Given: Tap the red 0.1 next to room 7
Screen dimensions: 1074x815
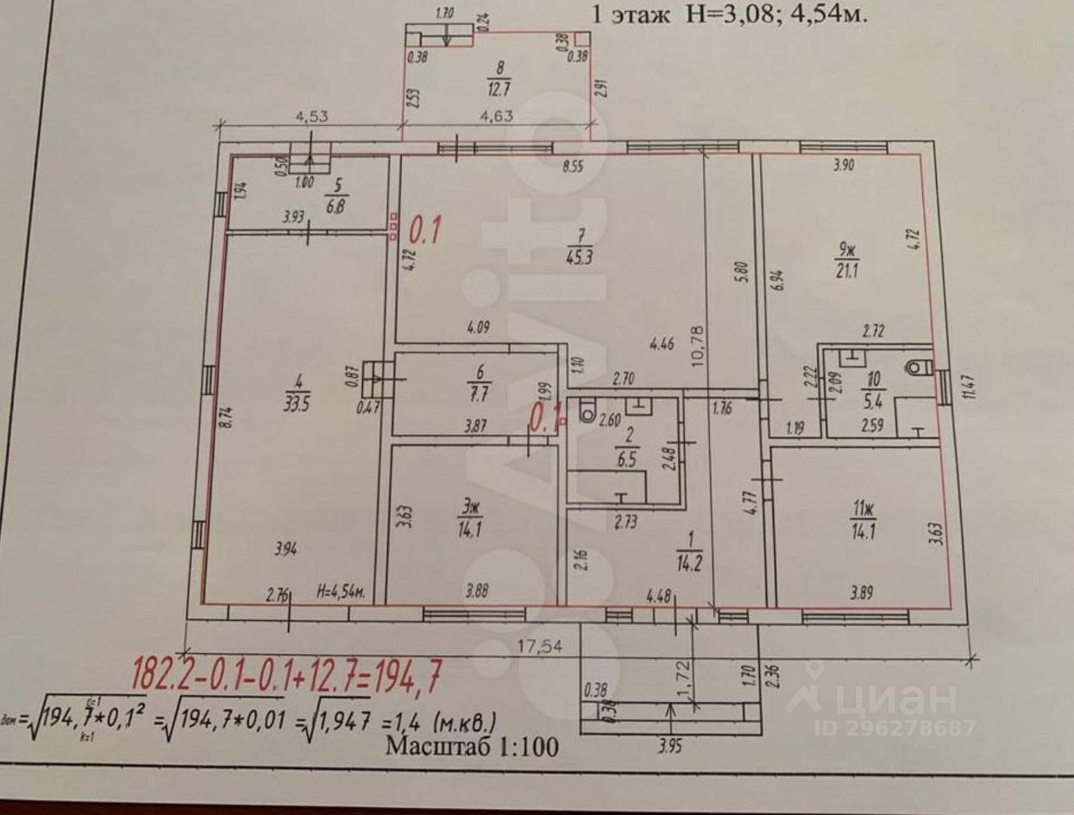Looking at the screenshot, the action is [424, 231].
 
